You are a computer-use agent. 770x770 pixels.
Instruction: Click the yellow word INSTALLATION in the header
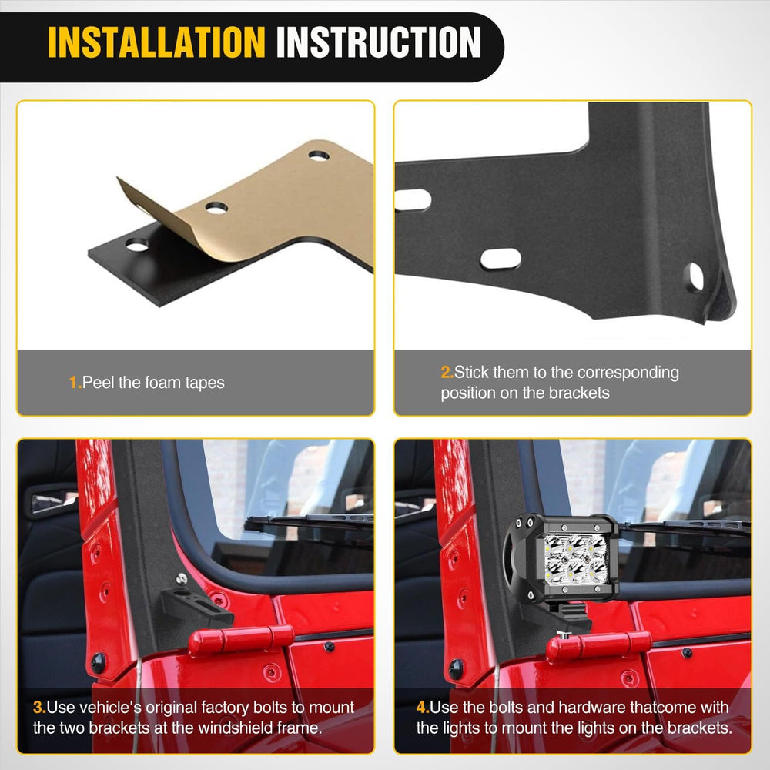click(x=156, y=42)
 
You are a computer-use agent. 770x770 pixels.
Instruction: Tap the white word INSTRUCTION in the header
click(x=379, y=42)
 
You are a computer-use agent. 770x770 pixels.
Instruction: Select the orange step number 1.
click(x=75, y=383)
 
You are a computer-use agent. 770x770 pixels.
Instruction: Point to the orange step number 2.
click(x=447, y=372)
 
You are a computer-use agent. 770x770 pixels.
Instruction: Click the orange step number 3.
click(x=39, y=707)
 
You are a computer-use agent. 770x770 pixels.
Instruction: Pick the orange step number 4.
click(x=423, y=707)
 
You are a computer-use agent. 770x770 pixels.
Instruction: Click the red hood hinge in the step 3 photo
click(x=241, y=640)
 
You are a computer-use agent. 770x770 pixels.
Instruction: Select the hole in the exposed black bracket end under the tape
click(x=138, y=245)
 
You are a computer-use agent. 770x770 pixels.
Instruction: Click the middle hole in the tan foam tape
click(x=216, y=208)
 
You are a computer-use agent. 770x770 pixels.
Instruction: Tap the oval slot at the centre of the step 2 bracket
click(x=500, y=259)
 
